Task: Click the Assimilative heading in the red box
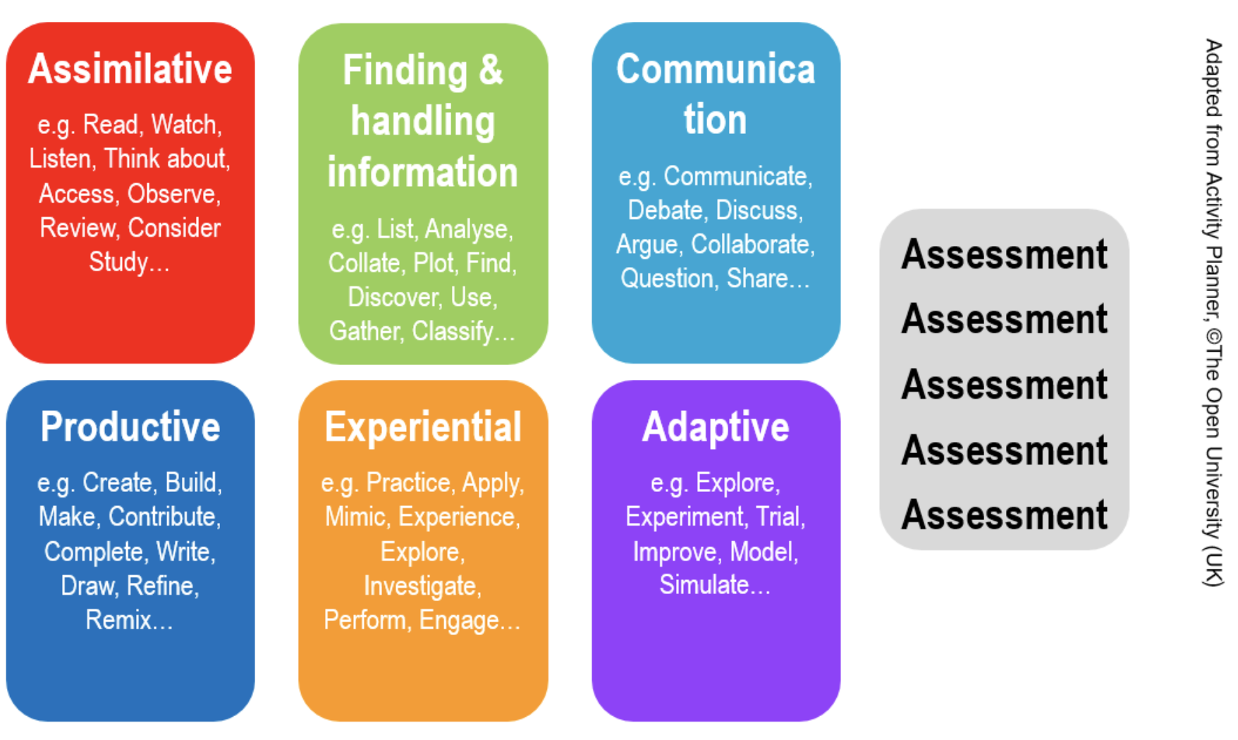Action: tap(130, 69)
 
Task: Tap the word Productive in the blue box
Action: tap(130, 426)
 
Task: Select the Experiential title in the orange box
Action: tap(423, 427)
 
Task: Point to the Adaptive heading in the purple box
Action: tap(716, 427)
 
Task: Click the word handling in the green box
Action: tap(423, 122)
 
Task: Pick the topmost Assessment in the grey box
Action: tap(1005, 254)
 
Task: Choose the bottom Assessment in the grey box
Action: tap(1005, 515)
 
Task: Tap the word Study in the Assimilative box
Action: tap(118, 262)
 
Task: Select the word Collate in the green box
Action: tap(364, 263)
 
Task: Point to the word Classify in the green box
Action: tap(453, 331)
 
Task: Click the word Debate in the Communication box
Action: tap(666, 210)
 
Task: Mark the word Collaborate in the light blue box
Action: tap(750, 244)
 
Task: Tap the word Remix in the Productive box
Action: tap(118, 620)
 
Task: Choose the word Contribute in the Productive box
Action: tap(162, 517)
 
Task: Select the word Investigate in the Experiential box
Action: tap(420, 586)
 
